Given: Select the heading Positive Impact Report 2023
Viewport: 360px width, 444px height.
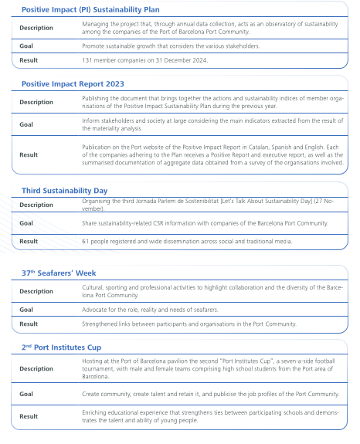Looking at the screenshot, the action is click(73, 83).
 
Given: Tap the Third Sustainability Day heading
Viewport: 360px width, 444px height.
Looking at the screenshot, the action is click(64, 190).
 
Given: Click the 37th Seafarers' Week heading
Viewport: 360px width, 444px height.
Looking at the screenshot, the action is click(59, 273).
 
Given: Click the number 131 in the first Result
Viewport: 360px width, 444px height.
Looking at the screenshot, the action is click(87, 59).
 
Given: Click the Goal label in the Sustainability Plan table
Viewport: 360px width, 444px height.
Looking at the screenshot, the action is click(27, 46).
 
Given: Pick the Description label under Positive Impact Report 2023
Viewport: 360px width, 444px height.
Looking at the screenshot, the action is click(36, 102).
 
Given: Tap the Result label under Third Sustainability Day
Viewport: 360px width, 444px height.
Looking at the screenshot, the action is click(29, 241).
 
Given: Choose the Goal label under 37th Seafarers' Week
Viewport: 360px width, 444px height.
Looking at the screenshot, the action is click(27, 310).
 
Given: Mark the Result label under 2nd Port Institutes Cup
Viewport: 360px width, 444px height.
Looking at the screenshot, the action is click(29, 416).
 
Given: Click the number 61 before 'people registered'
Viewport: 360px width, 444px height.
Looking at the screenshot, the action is click(85, 241).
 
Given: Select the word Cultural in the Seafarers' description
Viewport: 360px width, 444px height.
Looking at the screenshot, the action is click(93, 287).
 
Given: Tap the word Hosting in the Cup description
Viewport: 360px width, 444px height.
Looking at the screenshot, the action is click(93, 361).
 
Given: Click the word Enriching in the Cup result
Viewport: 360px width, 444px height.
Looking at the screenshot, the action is click(95, 412).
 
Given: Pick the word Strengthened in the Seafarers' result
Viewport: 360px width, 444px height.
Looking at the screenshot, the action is click(100, 324).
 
